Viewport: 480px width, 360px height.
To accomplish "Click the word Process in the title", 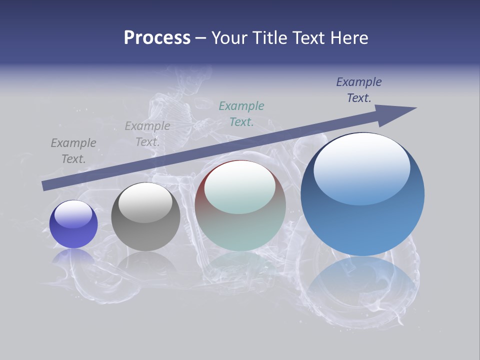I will point(157,38).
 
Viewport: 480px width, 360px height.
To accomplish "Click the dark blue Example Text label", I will point(359,90).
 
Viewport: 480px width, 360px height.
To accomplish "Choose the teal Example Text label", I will point(241,113).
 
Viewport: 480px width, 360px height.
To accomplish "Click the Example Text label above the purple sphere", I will point(73,150).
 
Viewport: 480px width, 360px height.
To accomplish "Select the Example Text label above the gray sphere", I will point(147,133).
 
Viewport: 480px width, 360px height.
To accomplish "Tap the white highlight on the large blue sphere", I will point(362,167).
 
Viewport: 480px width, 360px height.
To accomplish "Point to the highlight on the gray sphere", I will point(145,202).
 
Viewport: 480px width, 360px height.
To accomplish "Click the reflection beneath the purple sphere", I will point(73,257).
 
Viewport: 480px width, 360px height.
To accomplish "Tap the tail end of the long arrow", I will point(46,185).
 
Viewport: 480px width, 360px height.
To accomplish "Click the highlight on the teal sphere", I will point(240,186).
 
